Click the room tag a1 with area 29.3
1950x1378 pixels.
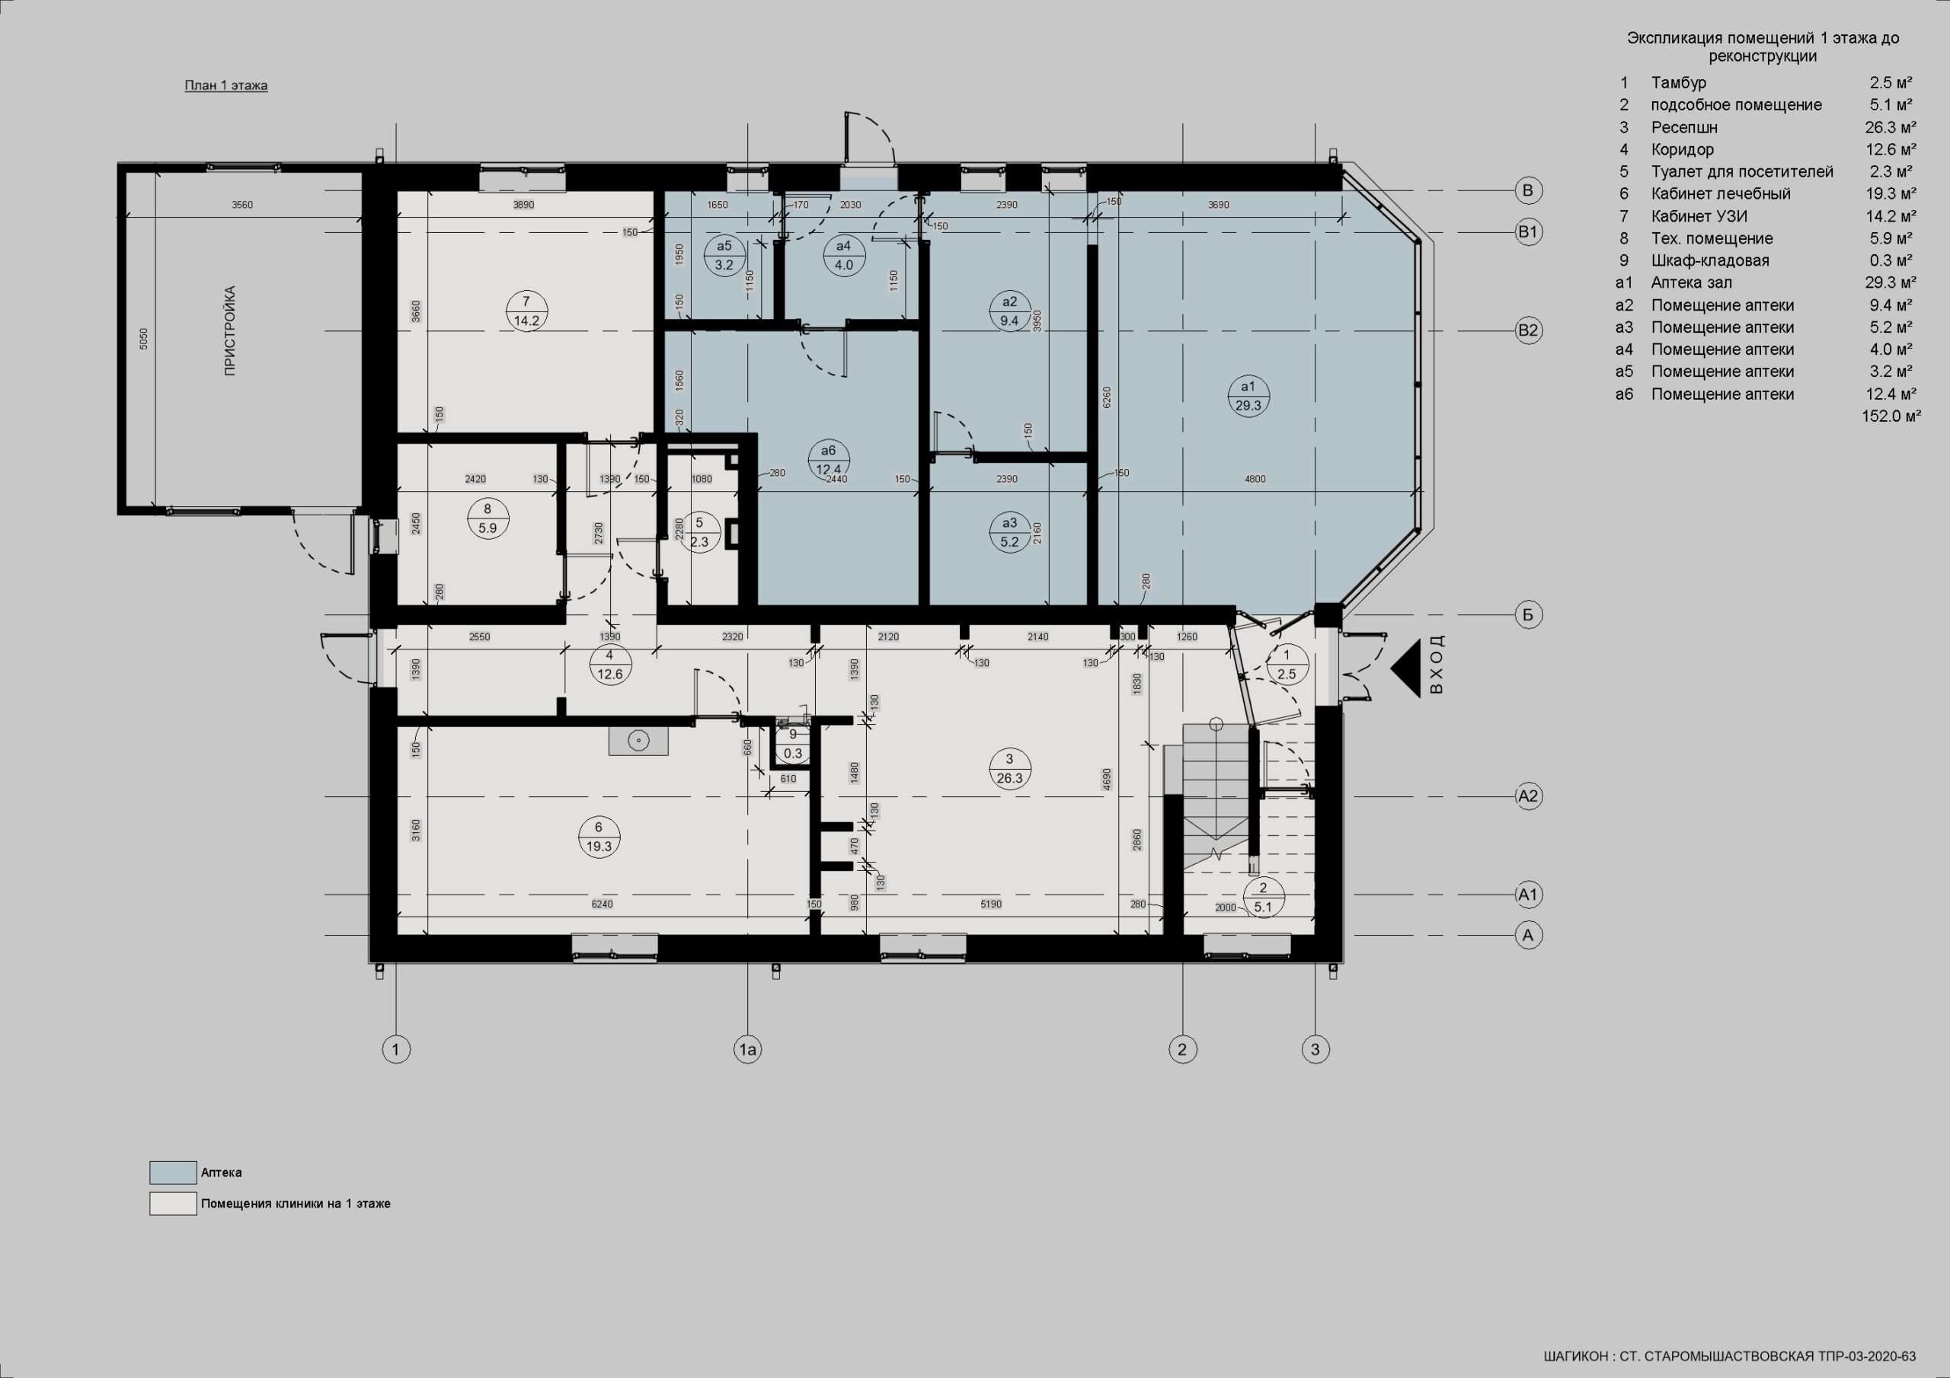point(1248,396)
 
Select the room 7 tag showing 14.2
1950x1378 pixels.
point(526,311)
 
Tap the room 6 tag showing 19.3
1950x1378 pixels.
point(599,836)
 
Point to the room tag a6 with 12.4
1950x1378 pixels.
point(828,459)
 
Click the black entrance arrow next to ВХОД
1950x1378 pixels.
point(1405,669)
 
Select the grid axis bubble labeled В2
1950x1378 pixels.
point(1528,330)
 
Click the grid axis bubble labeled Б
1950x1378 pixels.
point(1528,614)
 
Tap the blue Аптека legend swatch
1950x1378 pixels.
point(173,1172)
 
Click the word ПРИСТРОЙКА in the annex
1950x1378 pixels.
point(230,330)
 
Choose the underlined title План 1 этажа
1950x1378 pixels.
point(226,86)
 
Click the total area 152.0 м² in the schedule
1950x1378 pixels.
point(1891,416)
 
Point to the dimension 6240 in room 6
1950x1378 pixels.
point(601,904)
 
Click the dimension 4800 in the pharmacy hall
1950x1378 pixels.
point(1255,479)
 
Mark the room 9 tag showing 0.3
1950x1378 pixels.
point(793,744)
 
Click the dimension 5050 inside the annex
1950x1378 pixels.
point(143,340)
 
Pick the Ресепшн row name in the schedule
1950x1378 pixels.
point(1684,127)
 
